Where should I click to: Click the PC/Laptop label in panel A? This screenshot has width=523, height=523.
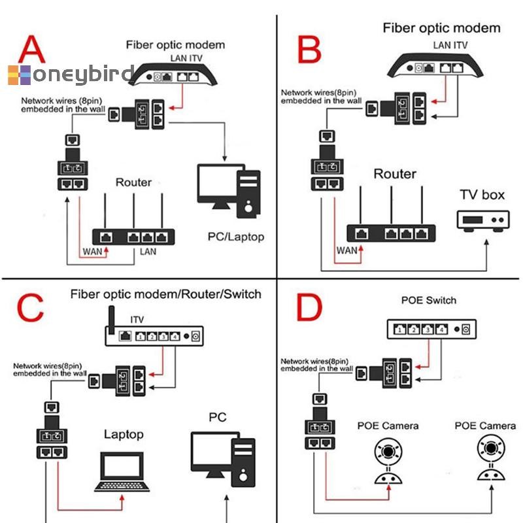point(236,237)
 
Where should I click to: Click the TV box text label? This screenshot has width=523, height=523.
point(482,195)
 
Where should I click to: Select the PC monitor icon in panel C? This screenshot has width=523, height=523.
point(212,456)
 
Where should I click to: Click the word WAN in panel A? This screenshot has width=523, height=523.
point(92,251)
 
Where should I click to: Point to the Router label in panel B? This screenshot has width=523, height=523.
point(394,174)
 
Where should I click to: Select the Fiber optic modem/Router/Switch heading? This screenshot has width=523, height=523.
point(165,294)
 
